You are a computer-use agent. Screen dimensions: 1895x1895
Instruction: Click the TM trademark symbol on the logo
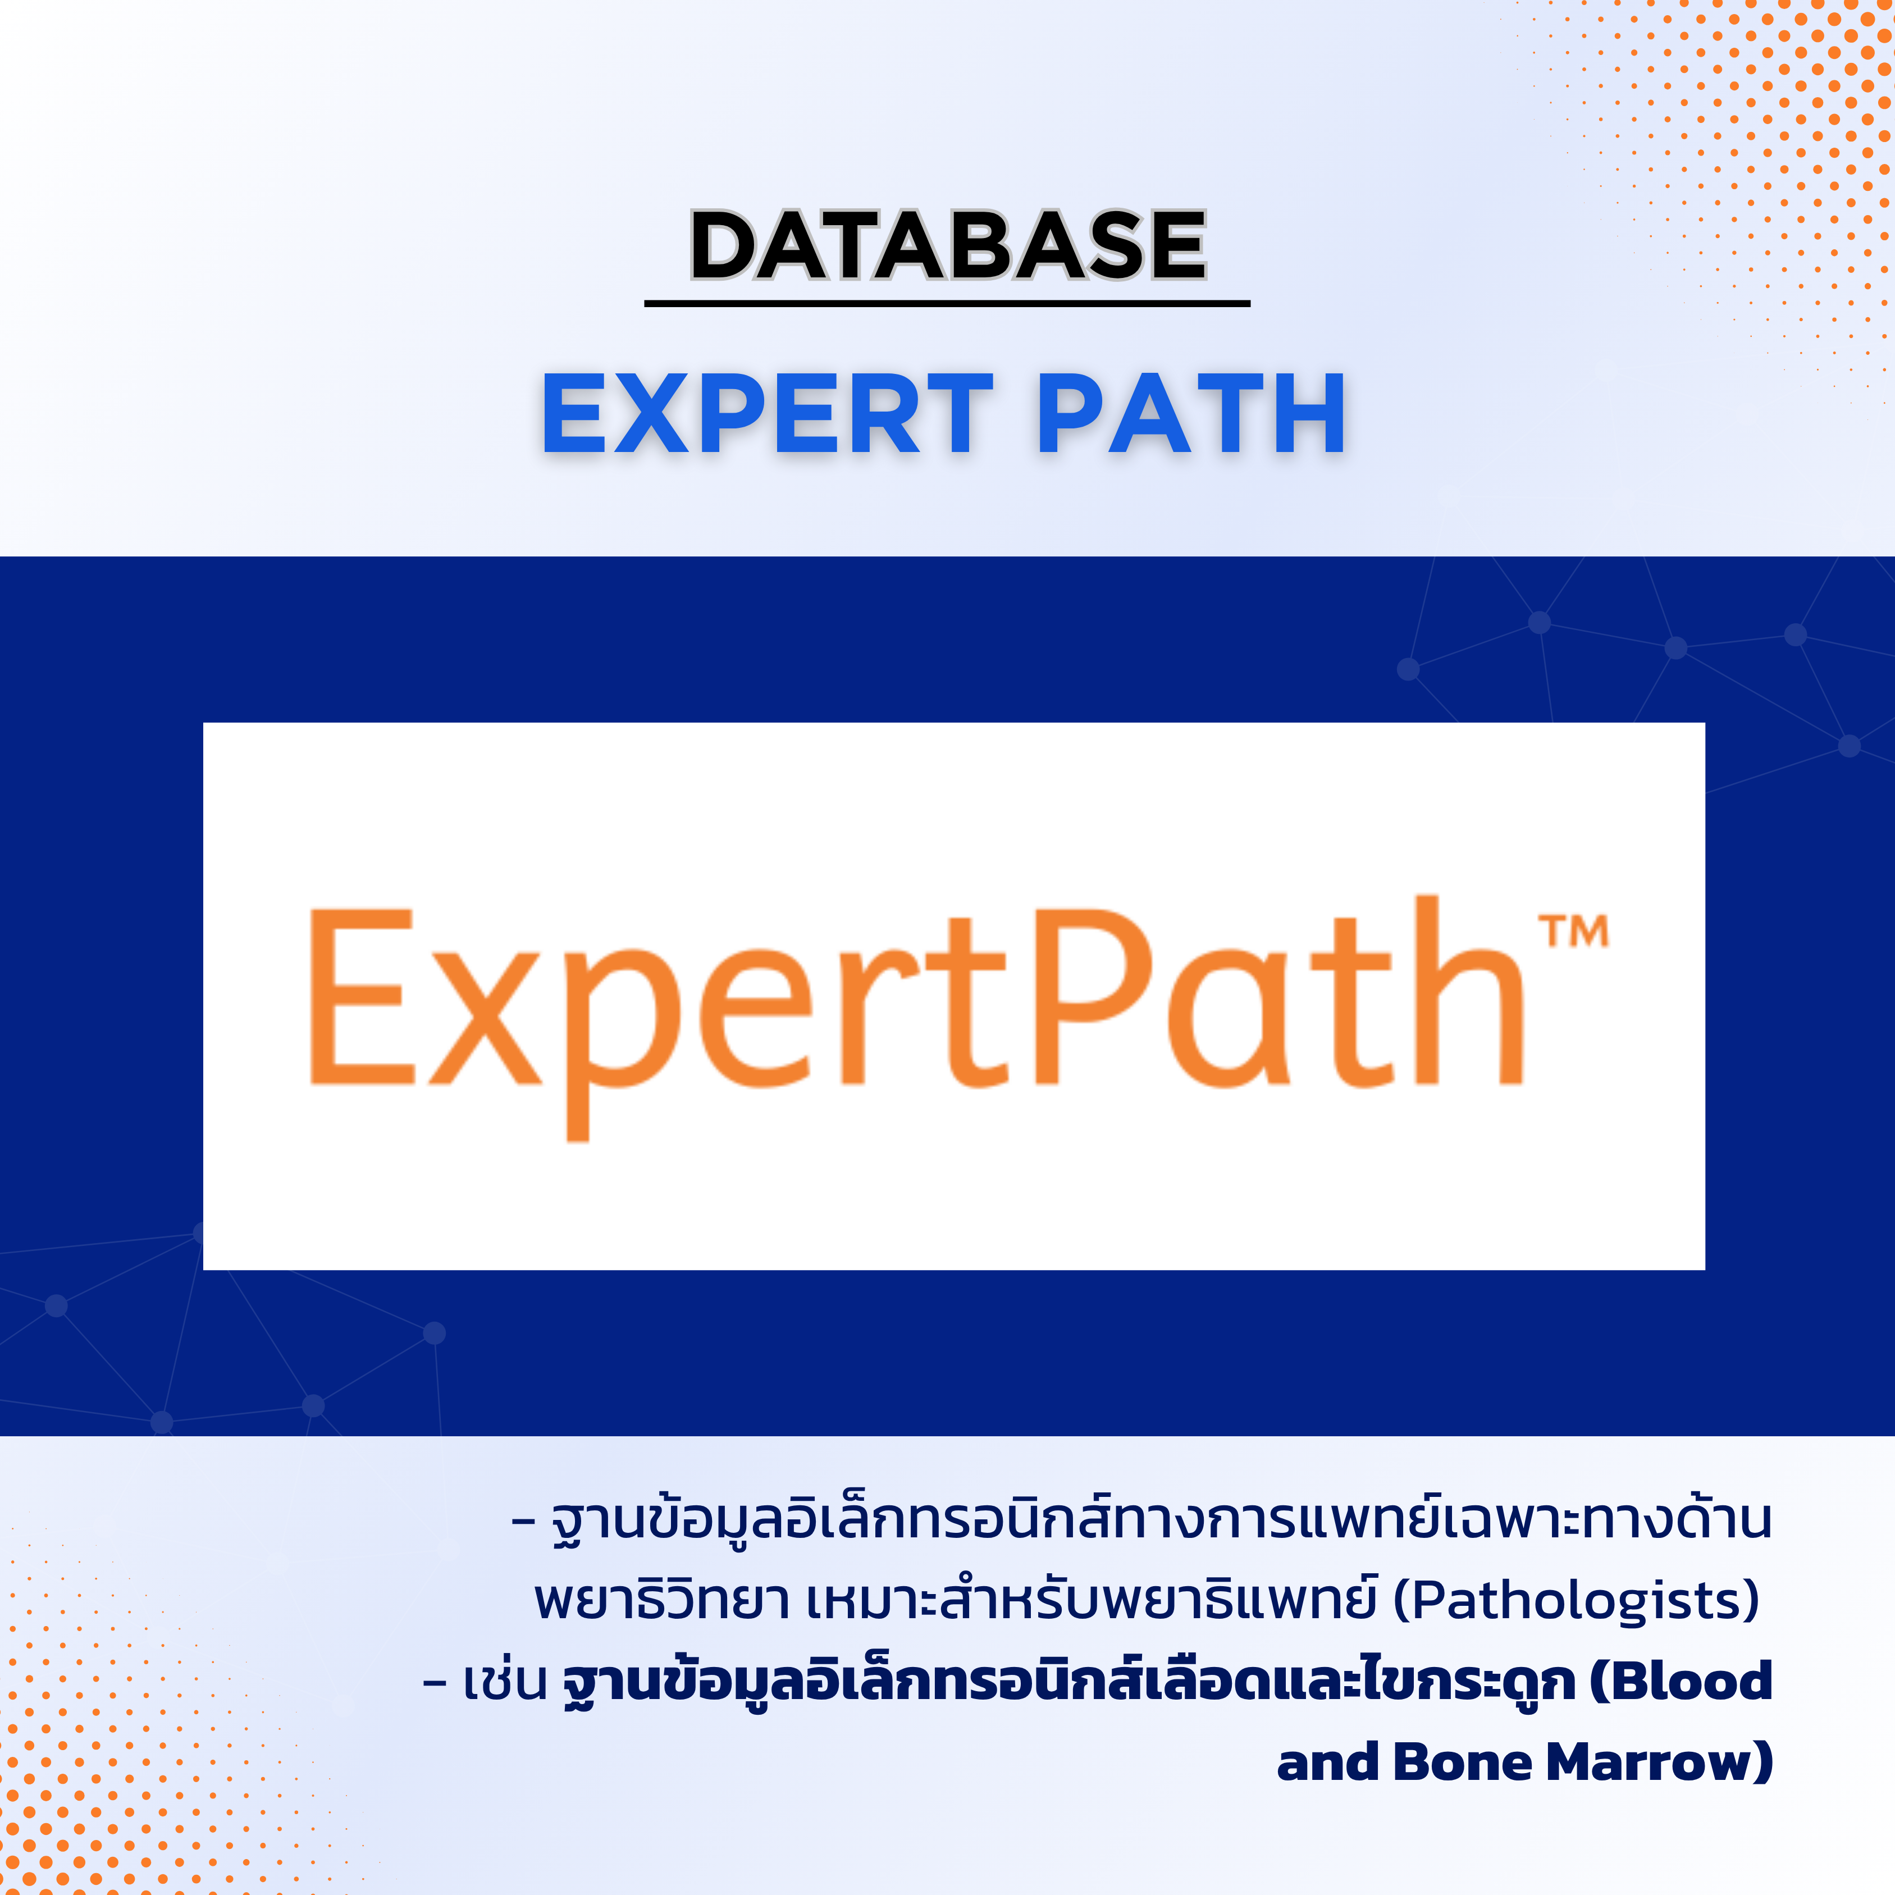[1573, 931]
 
